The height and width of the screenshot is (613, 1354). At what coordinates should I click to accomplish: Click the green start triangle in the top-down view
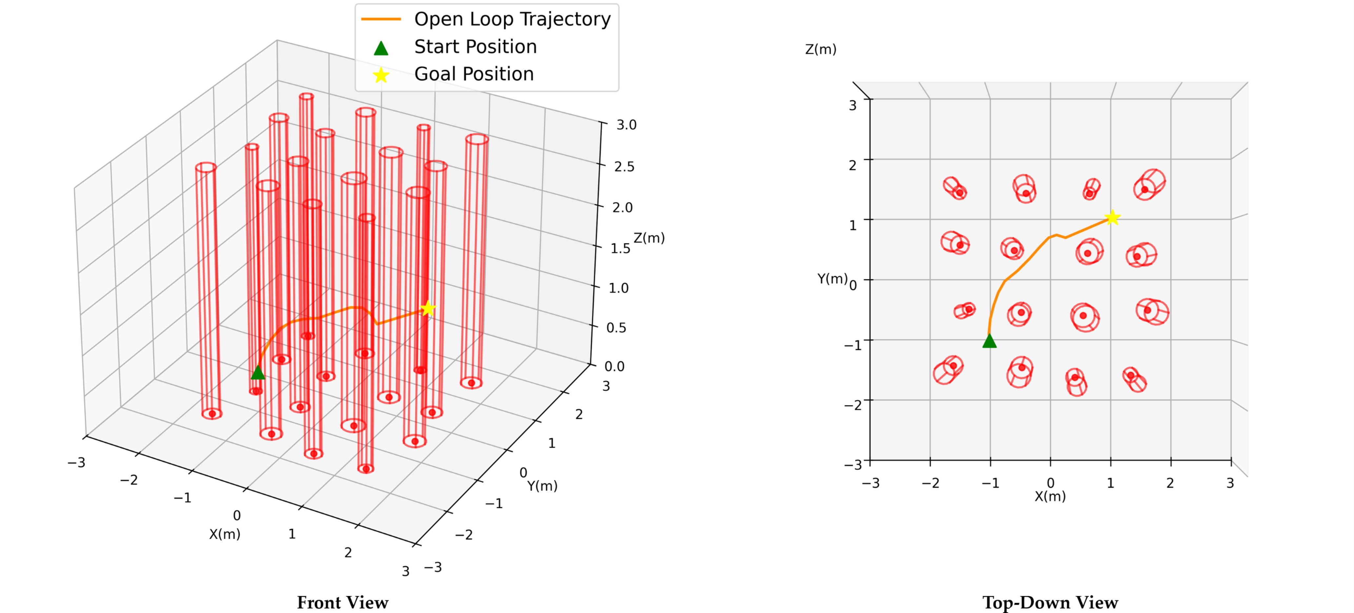(x=989, y=342)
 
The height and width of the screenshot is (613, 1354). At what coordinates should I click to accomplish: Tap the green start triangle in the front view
(x=258, y=373)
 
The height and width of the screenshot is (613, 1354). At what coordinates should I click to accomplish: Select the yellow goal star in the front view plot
(x=428, y=308)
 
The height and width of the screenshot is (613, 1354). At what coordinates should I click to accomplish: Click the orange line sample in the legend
(x=381, y=19)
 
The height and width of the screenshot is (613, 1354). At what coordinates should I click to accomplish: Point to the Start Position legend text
(x=475, y=47)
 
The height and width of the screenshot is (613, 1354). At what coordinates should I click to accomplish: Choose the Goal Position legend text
(x=474, y=74)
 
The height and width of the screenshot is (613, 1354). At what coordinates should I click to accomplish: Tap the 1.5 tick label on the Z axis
(x=620, y=248)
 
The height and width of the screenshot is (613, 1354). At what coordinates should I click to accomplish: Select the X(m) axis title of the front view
(x=225, y=534)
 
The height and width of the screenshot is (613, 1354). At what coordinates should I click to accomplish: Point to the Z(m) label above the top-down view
(x=821, y=49)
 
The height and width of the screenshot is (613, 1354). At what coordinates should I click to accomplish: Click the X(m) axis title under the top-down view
(x=1050, y=496)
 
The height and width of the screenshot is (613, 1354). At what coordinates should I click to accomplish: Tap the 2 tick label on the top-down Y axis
(x=852, y=166)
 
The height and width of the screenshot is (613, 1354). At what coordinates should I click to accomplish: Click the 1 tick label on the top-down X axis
(x=1110, y=483)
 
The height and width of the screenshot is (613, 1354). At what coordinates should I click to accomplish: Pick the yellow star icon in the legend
(x=381, y=75)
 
